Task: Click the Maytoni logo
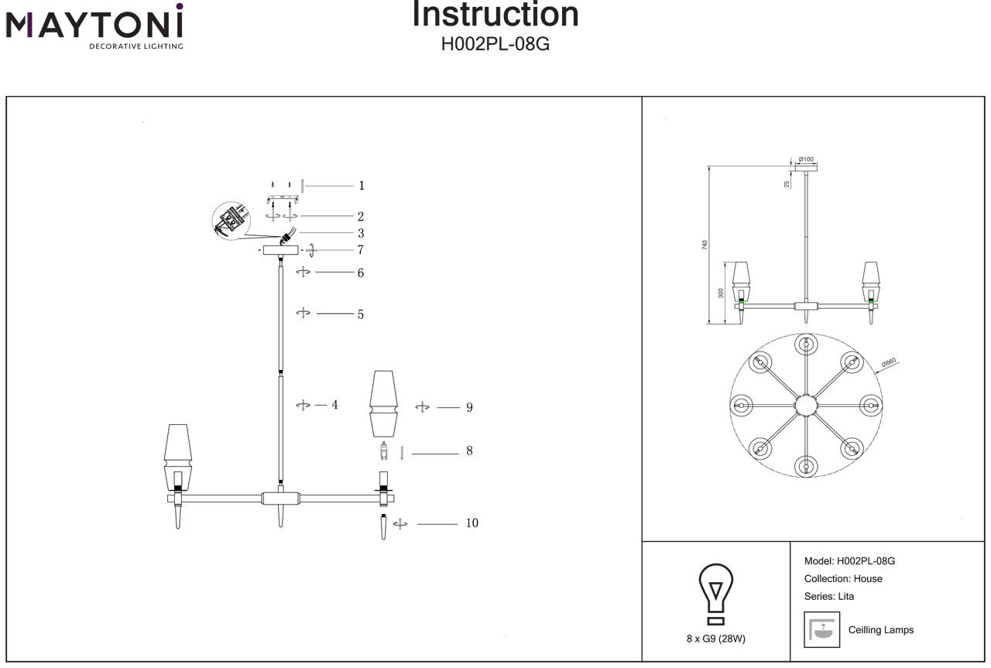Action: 94,26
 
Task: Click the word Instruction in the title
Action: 495,14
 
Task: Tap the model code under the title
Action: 495,44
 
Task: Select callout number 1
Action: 361,186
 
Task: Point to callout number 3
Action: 361,233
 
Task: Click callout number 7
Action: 361,250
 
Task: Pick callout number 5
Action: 361,315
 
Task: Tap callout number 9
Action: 469,407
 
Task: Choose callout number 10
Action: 471,523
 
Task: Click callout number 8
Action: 469,450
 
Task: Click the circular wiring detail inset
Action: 231,221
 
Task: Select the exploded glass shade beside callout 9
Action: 383,403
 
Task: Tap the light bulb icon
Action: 716,592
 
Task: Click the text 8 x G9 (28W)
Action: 716,639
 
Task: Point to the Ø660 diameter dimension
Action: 888,361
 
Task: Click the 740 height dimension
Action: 705,245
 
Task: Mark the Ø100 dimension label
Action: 806,159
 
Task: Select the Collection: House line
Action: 843,579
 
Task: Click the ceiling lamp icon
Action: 822,629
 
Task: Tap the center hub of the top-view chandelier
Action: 806,405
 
